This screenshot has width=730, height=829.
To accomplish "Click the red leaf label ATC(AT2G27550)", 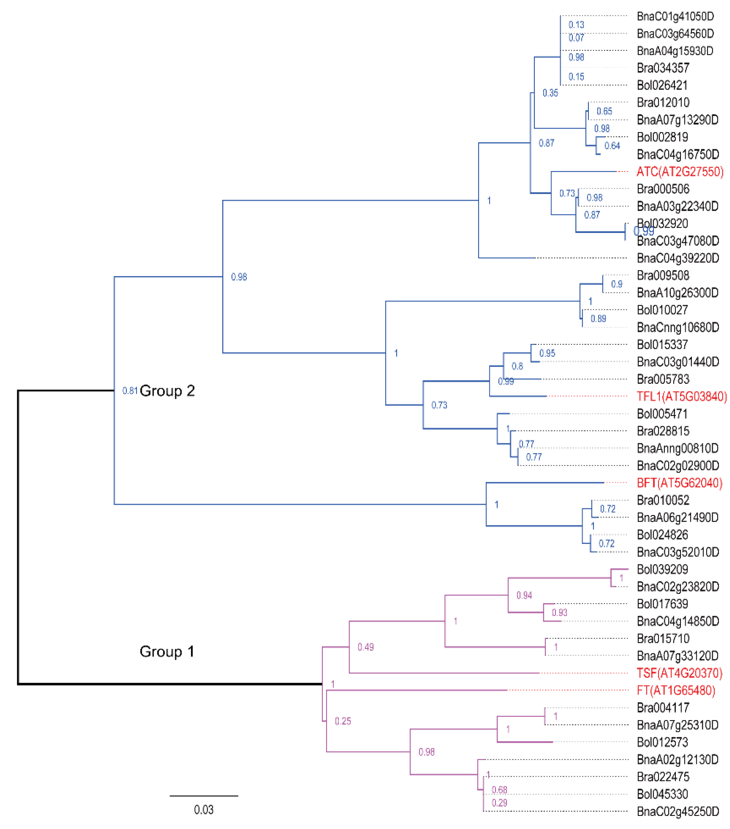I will click(x=680, y=172).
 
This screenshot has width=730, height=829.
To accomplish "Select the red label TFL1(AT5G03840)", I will click(x=681, y=396).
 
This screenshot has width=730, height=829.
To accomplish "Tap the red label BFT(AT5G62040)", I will click(x=679, y=483).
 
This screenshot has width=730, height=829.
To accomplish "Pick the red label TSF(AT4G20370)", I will click(x=679, y=673).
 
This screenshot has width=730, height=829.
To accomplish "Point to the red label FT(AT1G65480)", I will click(x=676, y=690).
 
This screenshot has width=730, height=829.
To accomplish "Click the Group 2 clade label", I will click(x=167, y=391).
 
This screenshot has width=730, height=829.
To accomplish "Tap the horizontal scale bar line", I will click(x=204, y=796).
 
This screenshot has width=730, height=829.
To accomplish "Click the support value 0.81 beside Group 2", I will click(x=130, y=391).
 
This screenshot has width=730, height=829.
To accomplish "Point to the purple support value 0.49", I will click(x=365, y=647).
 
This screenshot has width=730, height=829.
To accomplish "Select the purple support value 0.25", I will click(x=343, y=721).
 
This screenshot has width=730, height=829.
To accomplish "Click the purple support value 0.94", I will click(x=524, y=595).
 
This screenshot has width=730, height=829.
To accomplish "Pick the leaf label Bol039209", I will click(x=662, y=569).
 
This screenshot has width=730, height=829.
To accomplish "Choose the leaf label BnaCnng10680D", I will click(x=678, y=327).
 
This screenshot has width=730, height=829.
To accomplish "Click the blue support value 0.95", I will click(x=547, y=353).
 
